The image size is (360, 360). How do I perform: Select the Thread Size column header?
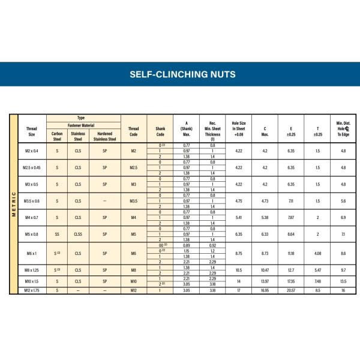coord(31,131)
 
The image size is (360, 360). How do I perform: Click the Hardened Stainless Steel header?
coord(104,136)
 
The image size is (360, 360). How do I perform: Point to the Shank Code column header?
coord(160,131)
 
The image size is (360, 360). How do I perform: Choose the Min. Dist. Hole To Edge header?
coord(343,128)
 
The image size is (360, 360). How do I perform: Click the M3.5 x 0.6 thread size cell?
coord(31,201)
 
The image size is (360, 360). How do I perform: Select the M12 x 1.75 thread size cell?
coord(31,290)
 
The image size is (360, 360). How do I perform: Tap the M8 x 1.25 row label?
coord(31,271)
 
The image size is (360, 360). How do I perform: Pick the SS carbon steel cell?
coord(57,235)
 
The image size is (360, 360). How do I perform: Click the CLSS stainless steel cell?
coord(78,235)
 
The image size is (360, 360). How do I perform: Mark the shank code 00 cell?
coord(160,245)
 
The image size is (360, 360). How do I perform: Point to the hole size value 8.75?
coord(238,254)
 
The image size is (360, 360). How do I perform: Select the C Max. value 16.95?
coord(265,290)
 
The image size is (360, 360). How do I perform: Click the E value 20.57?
coord(291,290)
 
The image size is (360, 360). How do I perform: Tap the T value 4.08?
coord(317,254)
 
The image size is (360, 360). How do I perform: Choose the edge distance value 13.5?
coord(343,281)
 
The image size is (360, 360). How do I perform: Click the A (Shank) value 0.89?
coord(186,245)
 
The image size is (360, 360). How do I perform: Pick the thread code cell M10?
coord(134,281)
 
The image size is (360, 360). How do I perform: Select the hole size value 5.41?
coord(238,217)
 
